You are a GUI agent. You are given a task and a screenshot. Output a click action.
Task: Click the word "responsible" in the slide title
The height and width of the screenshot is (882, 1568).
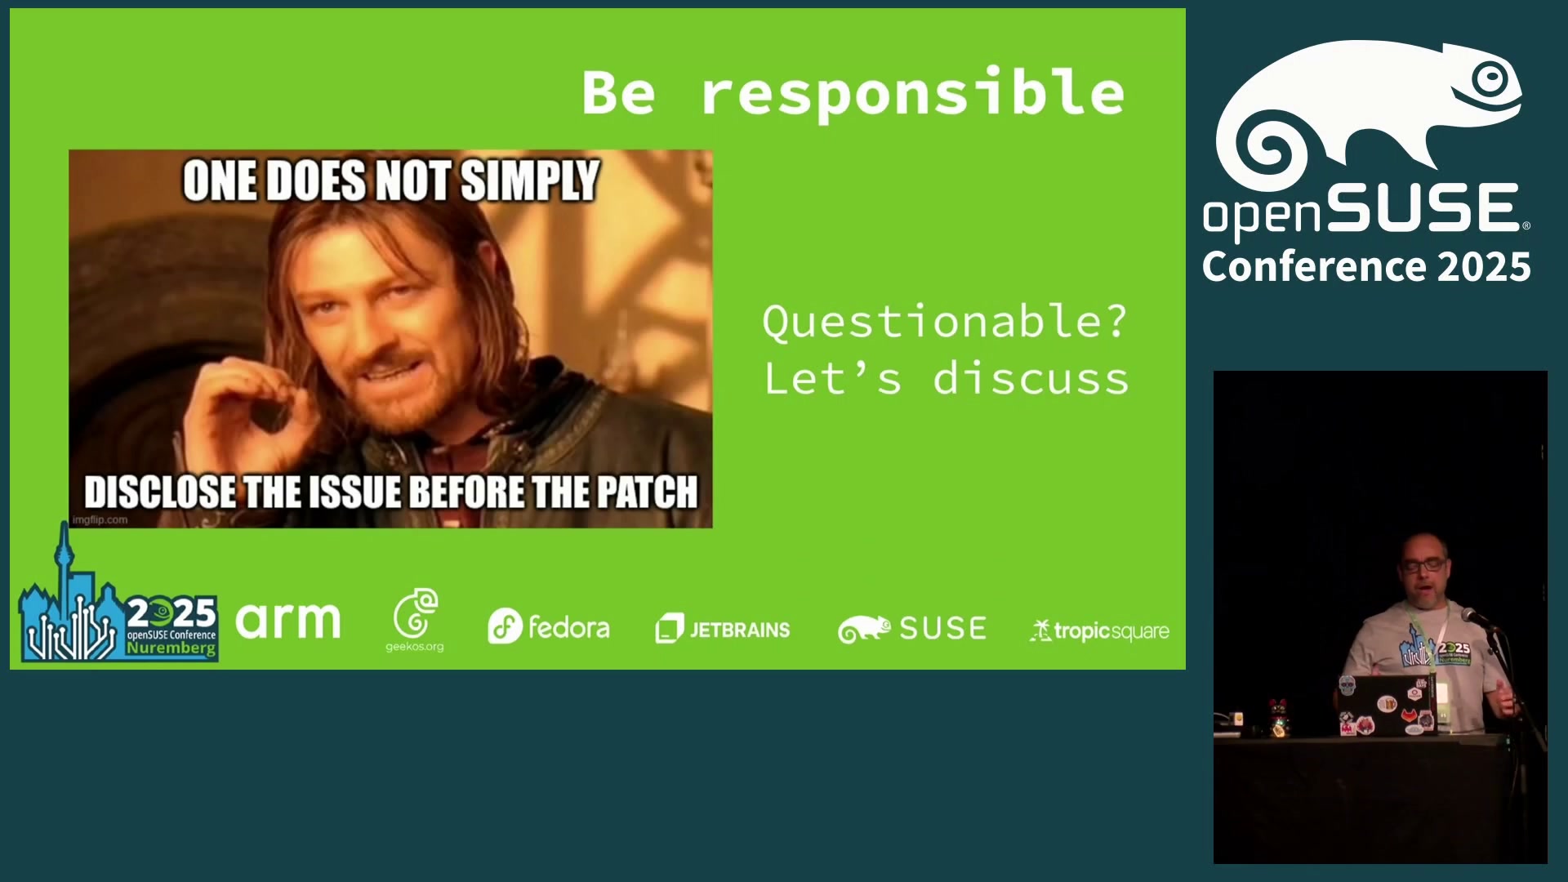pos(913,95)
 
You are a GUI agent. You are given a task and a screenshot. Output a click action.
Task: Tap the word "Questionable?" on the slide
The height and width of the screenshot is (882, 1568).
pos(945,321)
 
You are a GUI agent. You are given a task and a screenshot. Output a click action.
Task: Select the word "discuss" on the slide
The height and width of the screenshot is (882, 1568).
pos(1031,378)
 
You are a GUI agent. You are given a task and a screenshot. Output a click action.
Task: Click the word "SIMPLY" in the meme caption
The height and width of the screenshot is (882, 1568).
pos(530,180)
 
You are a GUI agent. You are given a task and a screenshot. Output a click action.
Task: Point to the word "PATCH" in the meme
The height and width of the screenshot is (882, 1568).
pos(647,492)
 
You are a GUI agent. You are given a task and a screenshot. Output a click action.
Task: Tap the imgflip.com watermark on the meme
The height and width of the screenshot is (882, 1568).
pos(100,519)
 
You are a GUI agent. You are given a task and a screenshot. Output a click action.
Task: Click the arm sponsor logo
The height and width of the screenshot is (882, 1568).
pos(288,621)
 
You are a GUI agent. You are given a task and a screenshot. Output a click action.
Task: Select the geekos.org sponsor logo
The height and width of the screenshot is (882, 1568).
pos(415,620)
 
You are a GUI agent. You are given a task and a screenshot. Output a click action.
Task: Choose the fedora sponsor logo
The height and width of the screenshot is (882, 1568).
pos(549,627)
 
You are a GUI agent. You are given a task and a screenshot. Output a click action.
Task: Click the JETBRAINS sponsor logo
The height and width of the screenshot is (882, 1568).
pos(723,629)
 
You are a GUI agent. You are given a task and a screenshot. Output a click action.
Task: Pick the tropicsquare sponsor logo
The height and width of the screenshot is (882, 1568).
pos(1099,631)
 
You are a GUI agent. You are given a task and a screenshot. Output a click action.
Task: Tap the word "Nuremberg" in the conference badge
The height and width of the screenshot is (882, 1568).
pos(171,648)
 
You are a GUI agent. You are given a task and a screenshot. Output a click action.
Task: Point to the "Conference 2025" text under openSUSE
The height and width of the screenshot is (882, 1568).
pos(1366,267)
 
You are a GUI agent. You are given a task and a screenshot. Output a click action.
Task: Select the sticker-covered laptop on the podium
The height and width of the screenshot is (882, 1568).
pos(1387,705)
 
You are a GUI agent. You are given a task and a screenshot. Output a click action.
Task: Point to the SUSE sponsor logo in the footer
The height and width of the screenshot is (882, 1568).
pos(912,629)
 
